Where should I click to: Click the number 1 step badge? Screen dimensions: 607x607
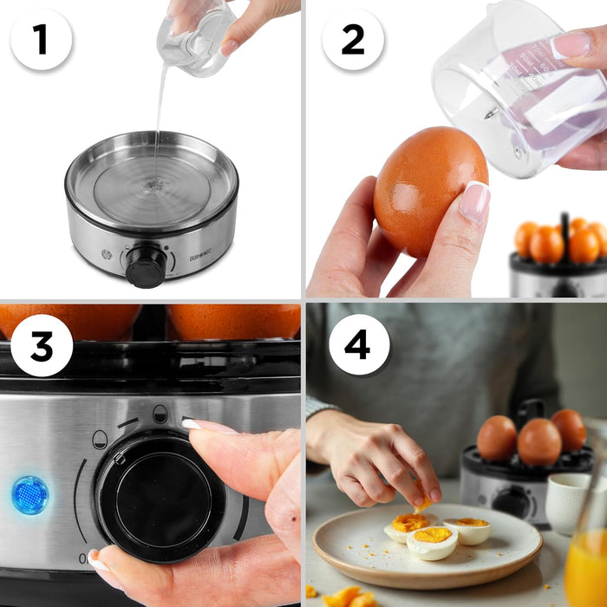point(41,39)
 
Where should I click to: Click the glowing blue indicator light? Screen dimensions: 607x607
point(30,495)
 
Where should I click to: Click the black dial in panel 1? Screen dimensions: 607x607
point(145,265)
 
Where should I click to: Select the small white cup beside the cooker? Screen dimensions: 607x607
point(567,502)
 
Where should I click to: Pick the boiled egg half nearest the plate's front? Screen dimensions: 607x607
point(432,543)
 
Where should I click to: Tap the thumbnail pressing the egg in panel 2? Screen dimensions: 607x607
point(474,202)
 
